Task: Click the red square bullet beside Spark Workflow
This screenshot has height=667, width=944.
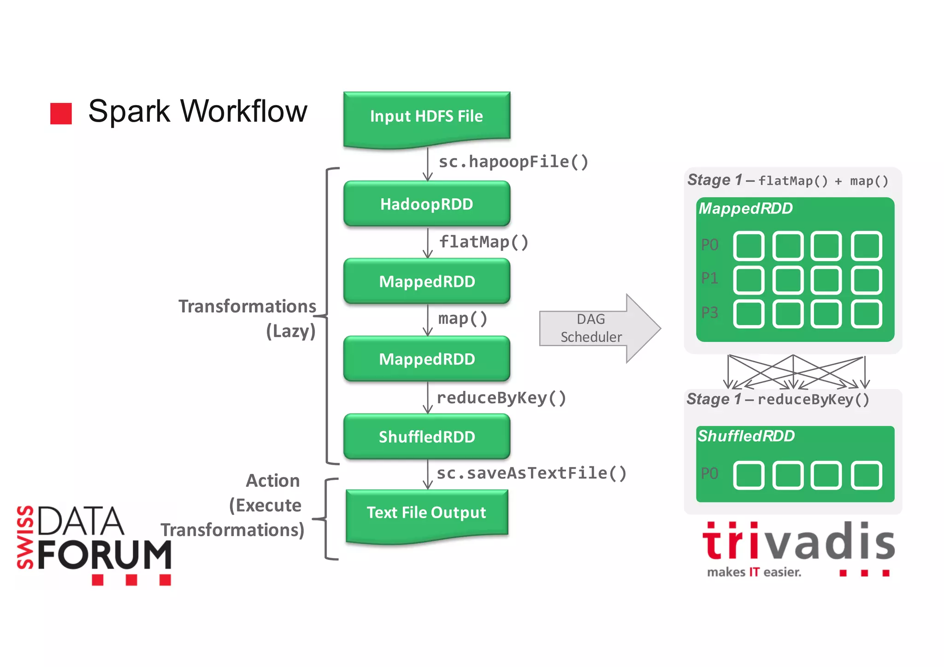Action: [x=61, y=113]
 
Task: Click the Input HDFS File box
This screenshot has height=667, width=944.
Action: [x=426, y=117]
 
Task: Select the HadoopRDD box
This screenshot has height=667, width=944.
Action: [x=426, y=204]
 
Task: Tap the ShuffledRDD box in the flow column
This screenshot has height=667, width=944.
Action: [x=426, y=437]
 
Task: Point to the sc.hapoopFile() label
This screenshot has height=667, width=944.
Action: [x=513, y=162]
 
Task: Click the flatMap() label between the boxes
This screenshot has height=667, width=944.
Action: [x=484, y=242]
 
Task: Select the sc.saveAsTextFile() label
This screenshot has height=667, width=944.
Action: [x=531, y=473]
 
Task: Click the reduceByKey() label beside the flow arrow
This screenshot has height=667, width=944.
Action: [x=501, y=398]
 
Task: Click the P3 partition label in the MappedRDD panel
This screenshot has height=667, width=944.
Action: [x=709, y=313]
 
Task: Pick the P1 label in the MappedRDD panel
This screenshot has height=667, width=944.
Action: [x=709, y=278]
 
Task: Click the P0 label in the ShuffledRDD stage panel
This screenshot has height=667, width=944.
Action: [x=709, y=474]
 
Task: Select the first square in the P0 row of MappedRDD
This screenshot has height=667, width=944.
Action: [x=749, y=246]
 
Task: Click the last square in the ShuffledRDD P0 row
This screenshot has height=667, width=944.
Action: [x=867, y=475]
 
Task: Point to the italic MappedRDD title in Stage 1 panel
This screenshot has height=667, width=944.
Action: [x=745, y=209]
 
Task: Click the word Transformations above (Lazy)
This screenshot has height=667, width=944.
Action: [x=247, y=307]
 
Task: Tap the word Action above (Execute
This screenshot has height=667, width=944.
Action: [x=273, y=481]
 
